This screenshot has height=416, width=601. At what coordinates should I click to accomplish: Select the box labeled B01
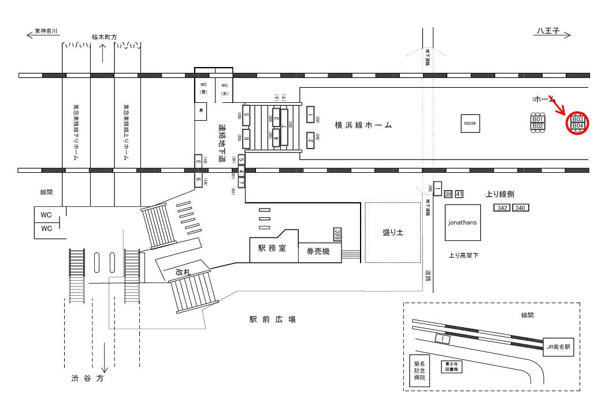538,120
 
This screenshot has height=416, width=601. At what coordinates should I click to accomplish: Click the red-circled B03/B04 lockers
578,123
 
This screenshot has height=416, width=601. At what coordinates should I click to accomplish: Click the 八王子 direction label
546,34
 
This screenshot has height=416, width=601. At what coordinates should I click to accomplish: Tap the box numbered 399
338,234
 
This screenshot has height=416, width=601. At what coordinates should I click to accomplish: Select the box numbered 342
503,207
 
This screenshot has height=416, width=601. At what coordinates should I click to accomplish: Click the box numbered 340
520,207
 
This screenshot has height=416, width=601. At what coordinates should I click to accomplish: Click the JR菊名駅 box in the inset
559,347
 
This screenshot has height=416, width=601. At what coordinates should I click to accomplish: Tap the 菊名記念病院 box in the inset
419,370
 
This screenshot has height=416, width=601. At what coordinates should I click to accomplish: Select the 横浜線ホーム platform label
363,124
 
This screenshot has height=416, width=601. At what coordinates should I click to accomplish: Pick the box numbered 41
459,194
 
